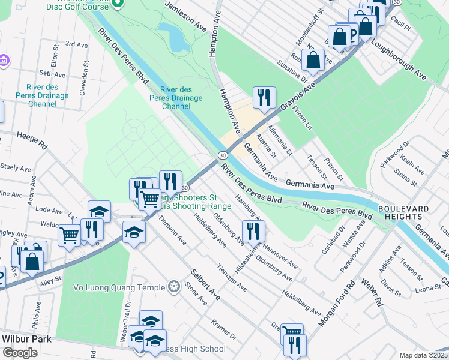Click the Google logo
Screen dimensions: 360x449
(x=20, y=353)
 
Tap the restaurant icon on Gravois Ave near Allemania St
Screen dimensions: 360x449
(x=264, y=97)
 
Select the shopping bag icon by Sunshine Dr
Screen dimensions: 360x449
(x=313, y=59)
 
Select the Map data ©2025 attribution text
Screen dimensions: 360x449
(x=423, y=355)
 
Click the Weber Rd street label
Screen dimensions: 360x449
(x=371, y=292)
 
